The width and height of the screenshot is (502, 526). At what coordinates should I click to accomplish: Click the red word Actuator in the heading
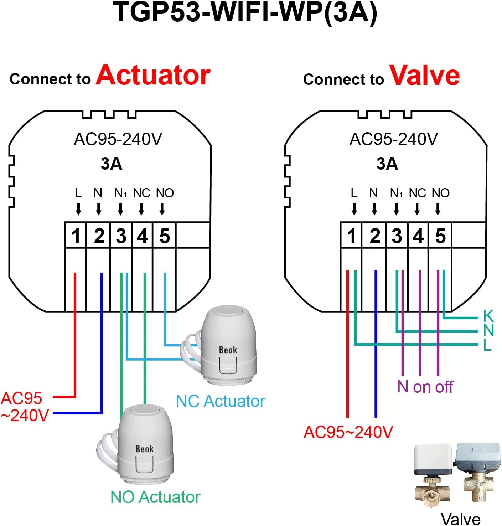click(x=153, y=76)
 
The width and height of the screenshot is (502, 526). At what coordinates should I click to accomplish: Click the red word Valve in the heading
click(x=424, y=76)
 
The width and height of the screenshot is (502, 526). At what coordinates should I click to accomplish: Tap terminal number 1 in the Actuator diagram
click(x=76, y=236)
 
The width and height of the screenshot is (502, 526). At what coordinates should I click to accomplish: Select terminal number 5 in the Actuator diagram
click(x=164, y=236)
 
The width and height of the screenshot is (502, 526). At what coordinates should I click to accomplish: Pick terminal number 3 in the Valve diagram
click(x=397, y=236)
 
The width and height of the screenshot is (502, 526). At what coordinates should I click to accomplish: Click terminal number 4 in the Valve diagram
click(x=418, y=236)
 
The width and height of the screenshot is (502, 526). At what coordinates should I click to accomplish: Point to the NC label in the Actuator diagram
click(x=141, y=193)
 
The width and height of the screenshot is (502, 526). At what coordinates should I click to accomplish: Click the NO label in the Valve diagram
click(x=441, y=193)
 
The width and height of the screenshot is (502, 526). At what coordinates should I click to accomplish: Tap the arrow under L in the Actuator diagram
click(x=78, y=209)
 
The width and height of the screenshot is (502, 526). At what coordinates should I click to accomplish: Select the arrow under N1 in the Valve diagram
click(x=396, y=209)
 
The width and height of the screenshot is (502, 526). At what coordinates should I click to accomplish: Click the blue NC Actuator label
click(x=221, y=401)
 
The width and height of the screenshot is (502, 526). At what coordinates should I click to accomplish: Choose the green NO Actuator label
click(x=155, y=497)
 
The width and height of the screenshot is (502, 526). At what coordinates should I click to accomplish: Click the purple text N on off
click(x=425, y=387)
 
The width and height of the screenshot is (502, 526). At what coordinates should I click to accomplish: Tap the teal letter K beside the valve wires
click(x=488, y=316)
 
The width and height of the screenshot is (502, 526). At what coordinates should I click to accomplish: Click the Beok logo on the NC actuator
click(x=228, y=350)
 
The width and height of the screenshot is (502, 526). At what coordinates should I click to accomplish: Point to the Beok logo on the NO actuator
click(x=144, y=449)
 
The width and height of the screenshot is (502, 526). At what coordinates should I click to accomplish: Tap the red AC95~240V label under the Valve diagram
click(x=348, y=432)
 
